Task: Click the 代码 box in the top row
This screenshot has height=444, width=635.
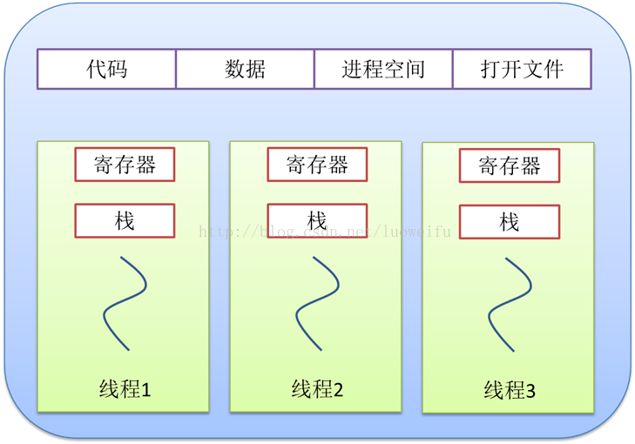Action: tap(106, 69)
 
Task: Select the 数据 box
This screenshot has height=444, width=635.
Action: tap(245, 69)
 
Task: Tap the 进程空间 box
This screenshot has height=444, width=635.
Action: tap(383, 69)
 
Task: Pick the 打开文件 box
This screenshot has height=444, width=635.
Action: tap(522, 69)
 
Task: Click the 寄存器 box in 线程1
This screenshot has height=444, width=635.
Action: tap(125, 165)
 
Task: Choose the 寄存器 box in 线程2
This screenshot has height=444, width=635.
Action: tap(317, 165)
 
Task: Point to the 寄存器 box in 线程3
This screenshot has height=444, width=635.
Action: tap(510, 165)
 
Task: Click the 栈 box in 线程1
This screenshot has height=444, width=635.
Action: tap(125, 221)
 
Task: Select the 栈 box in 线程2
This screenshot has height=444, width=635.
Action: tap(317, 221)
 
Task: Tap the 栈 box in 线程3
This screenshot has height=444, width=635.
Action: tap(510, 222)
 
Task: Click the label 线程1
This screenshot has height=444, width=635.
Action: tap(125, 389)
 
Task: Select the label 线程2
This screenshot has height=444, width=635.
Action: tap(317, 389)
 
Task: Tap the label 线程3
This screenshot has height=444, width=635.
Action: tap(510, 391)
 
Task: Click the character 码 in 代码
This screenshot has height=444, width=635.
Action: tap(117, 69)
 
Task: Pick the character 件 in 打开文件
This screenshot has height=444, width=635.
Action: tap(553, 69)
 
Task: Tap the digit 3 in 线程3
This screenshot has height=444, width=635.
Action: tap(530, 392)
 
